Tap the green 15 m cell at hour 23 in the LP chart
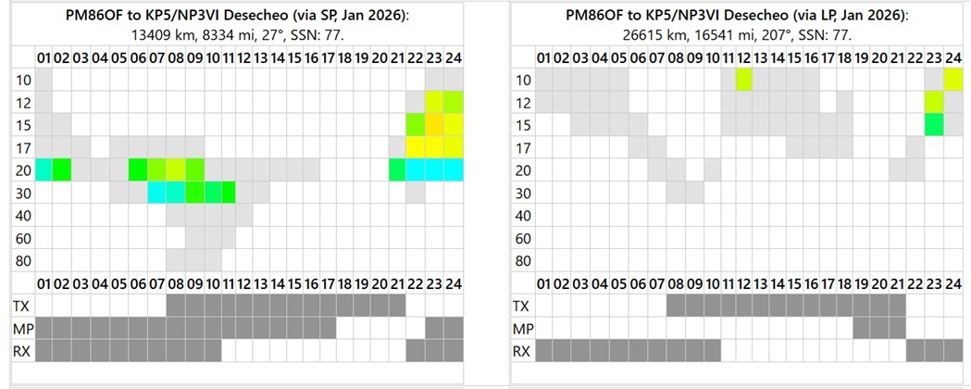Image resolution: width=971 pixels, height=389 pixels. (x=934, y=124)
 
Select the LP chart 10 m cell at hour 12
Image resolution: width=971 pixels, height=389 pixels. (x=744, y=80)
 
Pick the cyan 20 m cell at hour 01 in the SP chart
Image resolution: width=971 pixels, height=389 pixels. (x=44, y=169)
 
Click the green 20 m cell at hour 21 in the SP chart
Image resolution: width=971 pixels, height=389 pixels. (x=397, y=169)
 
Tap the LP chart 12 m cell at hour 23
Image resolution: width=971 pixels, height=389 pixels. (x=934, y=102)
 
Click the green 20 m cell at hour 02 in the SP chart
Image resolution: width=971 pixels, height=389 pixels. (x=62, y=169)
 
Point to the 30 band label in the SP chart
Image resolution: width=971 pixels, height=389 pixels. (x=23, y=193)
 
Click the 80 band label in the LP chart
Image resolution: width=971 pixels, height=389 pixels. (x=523, y=260)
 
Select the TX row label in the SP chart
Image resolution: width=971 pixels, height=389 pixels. (x=22, y=306)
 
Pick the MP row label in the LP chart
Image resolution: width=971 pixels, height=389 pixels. (x=523, y=328)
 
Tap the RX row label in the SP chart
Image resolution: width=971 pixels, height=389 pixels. (x=22, y=350)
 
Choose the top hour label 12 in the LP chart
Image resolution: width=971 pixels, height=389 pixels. (x=744, y=58)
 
